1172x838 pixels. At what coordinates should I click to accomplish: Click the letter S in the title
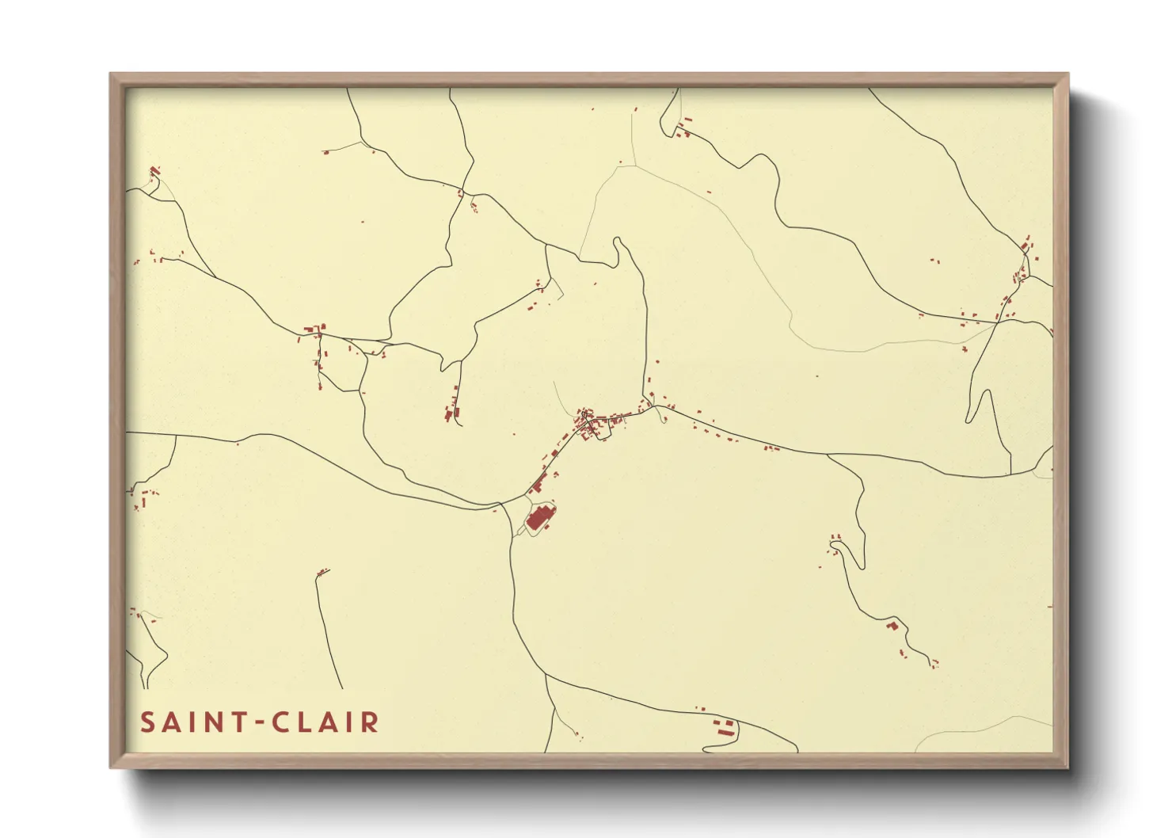click(147, 722)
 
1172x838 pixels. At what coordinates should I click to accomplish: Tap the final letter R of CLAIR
click(370, 722)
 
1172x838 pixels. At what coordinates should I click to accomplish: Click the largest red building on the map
click(538, 519)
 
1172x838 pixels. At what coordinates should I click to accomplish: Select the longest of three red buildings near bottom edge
click(723, 733)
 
